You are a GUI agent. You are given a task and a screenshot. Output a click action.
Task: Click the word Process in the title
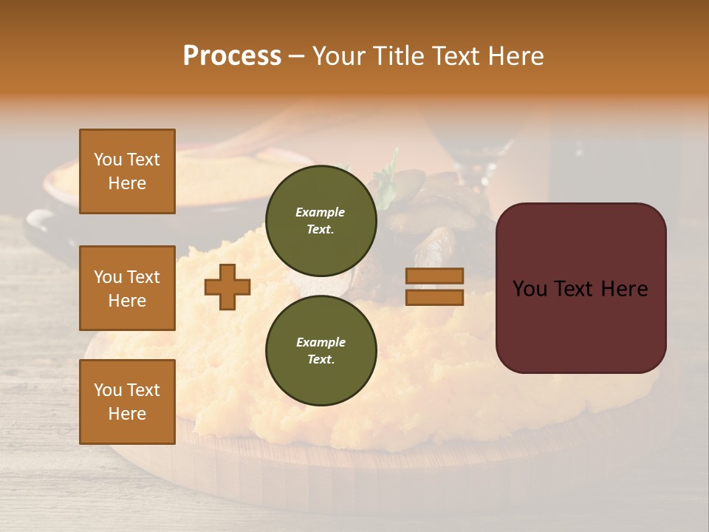pyautogui.click(x=232, y=55)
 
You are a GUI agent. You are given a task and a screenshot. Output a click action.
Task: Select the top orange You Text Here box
pyautogui.click(x=127, y=171)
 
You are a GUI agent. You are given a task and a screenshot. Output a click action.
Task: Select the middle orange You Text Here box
pyautogui.click(x=127, y=288)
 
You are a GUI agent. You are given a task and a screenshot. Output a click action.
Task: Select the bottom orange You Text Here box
pyautogui.click(x=127, y=402)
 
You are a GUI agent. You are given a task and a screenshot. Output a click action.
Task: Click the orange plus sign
pyautogui.click(x=227, y=287)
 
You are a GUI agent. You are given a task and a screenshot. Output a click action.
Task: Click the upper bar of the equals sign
pyautogui.click(x=434, y=276)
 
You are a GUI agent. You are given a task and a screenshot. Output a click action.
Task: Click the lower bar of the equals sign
pyautogui.click(x=434, y=298)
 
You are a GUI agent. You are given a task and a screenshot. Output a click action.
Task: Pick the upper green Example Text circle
pyautogui.click(x=321, y=220)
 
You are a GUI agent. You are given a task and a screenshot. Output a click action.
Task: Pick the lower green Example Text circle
pyautogui.click(x=321, y=350)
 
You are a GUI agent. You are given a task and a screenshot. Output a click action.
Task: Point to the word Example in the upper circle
pyautogui.click(x=320, y=212)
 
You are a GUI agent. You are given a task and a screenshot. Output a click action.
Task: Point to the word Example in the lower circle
pyautogui.click(x=321, y=342)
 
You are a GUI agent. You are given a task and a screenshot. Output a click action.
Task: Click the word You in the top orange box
pyautogui.click(x=107, y=160)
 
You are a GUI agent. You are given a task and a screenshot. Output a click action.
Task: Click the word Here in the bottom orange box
pyautogui.click(x=127, y=414)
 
